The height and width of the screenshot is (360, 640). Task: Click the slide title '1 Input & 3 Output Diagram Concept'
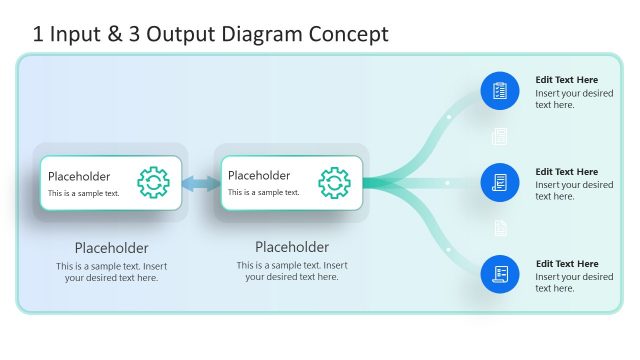click(x=210, y=34)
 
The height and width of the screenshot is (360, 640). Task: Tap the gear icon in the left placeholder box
click(x=153, y=182)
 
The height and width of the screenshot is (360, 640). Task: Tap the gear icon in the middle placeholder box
click(x=334, y=182)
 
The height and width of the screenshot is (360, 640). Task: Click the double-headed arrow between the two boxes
click(x=200, y=183)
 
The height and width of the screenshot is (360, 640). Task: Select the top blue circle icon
click(x=500, y=91)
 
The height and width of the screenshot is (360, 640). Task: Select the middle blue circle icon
click(x=500, y=183)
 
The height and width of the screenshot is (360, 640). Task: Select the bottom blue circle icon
click(x=500, y=274)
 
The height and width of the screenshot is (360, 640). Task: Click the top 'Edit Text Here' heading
click(x=566, y=80)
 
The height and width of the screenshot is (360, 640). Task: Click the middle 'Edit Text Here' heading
click(x=566, y=172)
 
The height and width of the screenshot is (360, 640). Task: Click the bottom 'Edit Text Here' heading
click(x=566, y=264)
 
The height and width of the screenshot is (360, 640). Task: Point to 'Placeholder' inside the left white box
click(x=79, y=176)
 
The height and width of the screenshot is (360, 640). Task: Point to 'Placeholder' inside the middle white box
click(x=259, y=176)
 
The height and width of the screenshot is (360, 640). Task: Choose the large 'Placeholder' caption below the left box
click(x=111, y=248)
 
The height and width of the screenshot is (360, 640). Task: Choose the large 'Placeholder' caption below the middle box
click(x=292, y=247)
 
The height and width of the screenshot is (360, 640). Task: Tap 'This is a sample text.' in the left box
click(x=84, y=193)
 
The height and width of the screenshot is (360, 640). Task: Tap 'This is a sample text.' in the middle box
click(x=264, y=193)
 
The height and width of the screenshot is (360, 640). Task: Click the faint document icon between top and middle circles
click(x=500, y=136)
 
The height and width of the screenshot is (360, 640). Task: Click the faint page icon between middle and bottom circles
click(x=500, y=228)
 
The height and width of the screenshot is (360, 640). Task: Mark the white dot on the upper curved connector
click(x=449, y=117)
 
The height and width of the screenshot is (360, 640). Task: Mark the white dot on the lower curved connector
click(x=449, y=248)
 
